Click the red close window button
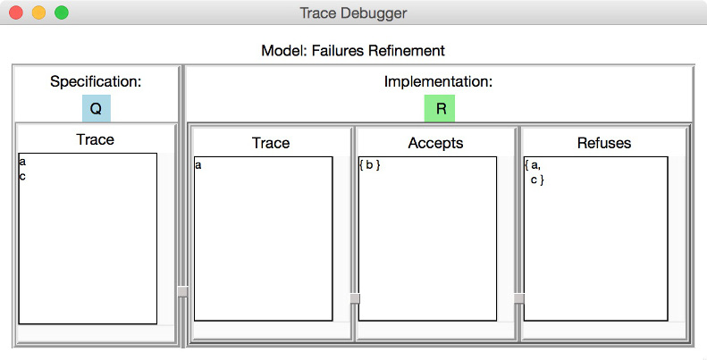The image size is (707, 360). (16, 13)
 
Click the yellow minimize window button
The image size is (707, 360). (38, 13)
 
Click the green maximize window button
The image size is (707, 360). (62, 13)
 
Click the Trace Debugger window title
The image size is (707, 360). (353, 13)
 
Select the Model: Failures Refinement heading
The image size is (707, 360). (353, 50)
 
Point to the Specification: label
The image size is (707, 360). (96, 81)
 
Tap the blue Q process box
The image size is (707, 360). (96, 108)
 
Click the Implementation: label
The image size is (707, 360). (438, 81)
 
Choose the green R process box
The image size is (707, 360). (440, 108)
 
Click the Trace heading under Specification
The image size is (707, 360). (95, 139)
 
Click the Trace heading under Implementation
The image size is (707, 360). (271, 143)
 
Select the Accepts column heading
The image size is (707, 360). (435, 143)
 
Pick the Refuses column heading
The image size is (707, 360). (603, 143)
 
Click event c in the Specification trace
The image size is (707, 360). (22, 176)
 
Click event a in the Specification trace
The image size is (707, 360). (22, 162)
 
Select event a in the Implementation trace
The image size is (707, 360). (198, 165)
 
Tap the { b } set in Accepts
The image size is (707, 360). (370, 165)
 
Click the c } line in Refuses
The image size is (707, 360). (537, 180)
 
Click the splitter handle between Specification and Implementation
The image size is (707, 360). (182, 291)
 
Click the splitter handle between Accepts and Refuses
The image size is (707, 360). (519, 298)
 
